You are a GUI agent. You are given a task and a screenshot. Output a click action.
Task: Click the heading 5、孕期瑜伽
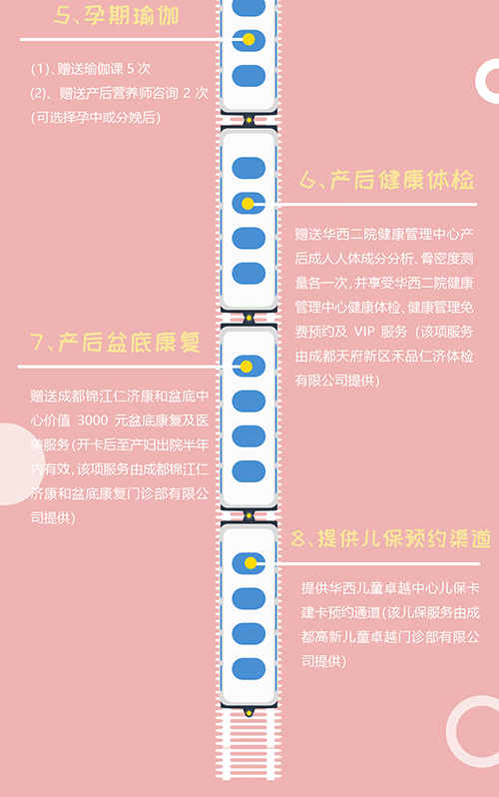117,16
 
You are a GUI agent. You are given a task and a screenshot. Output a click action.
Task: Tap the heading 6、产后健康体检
386,180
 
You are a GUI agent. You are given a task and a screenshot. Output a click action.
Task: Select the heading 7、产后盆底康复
116,343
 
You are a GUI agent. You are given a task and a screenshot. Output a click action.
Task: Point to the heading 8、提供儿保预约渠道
391,538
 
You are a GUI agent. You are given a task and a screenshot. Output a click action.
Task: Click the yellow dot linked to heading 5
249,39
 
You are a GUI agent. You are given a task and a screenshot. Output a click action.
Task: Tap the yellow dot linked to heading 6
248,204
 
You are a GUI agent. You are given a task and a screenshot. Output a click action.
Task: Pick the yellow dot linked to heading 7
246,367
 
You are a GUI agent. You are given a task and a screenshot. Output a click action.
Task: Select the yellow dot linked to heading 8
250,563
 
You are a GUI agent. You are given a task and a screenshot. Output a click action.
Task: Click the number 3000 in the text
93,420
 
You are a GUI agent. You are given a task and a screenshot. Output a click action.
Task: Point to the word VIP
364,332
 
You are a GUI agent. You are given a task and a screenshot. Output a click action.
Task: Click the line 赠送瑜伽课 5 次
91,69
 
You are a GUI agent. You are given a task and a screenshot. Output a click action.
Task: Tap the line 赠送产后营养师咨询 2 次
119,93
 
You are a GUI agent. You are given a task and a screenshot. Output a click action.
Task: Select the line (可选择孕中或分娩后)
96,118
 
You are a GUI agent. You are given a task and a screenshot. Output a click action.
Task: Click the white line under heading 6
376,205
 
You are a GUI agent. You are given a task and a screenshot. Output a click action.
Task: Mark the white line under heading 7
120,367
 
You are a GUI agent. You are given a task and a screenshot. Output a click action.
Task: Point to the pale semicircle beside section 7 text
15,464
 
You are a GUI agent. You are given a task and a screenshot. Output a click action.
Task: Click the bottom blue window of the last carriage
249,669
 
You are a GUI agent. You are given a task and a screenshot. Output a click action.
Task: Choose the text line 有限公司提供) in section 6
337,381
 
